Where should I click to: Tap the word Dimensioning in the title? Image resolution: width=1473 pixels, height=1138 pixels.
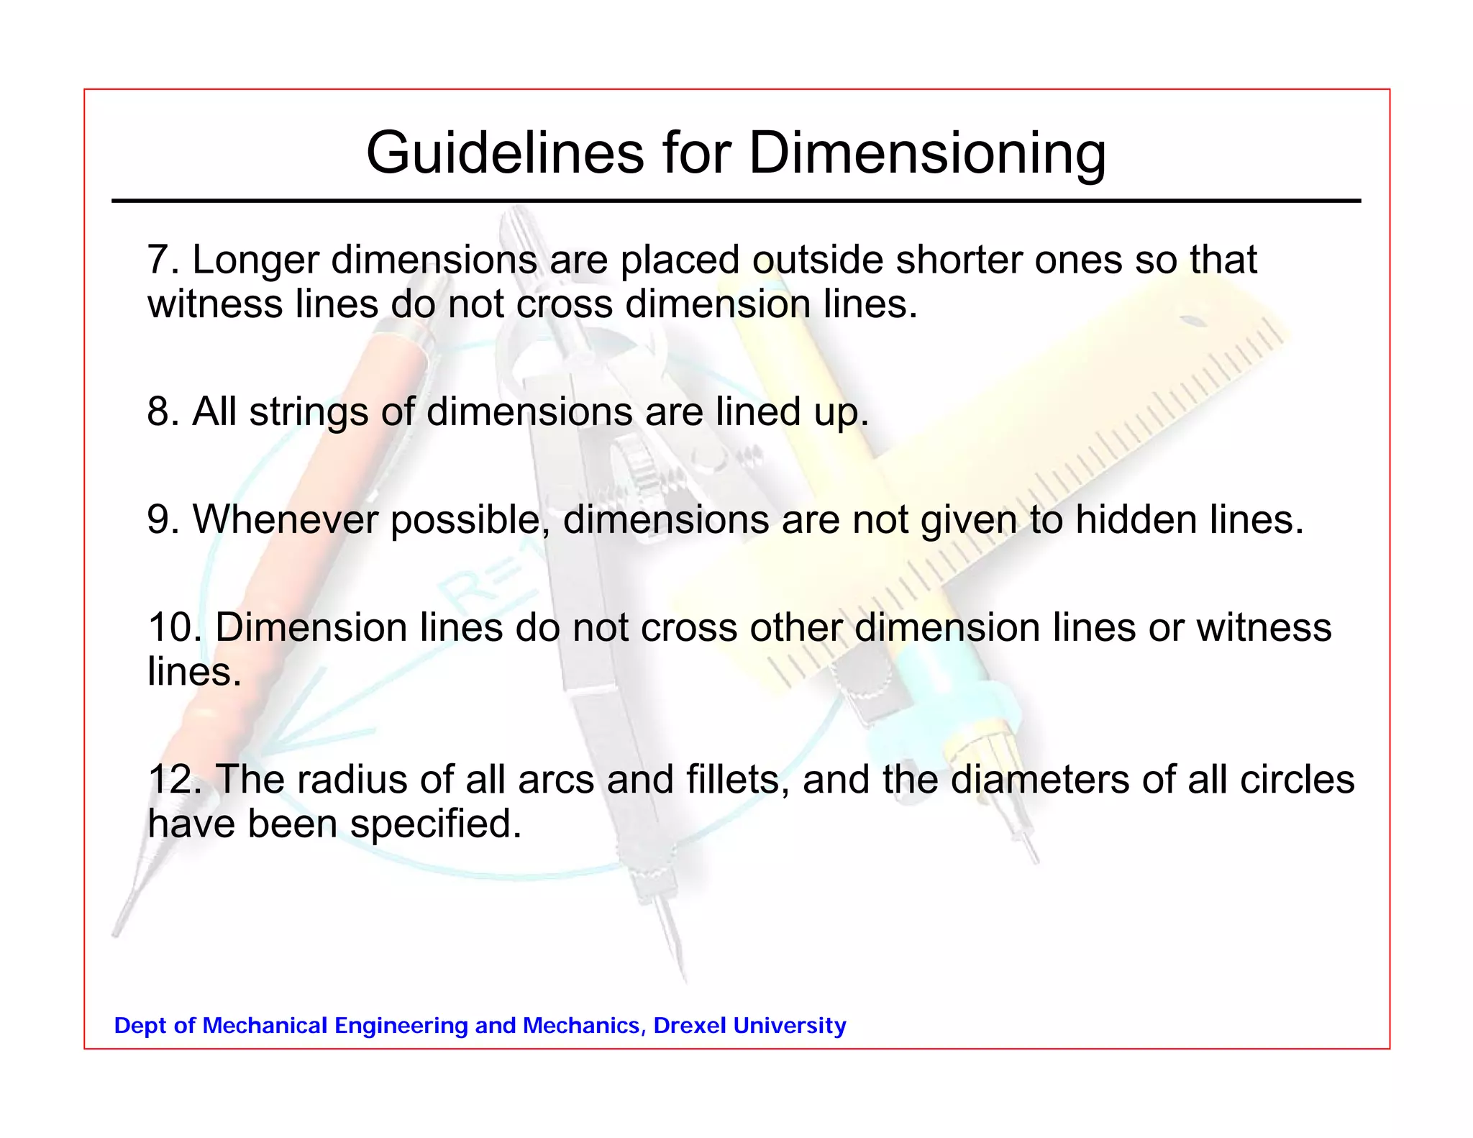[x=927, y=154]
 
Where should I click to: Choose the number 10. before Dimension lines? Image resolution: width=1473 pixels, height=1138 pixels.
[x=173, y=627]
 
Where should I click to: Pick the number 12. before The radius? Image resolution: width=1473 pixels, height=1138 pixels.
[x=173, y=779]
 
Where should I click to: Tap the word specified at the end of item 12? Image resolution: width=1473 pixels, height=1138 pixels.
[x=435, y=824]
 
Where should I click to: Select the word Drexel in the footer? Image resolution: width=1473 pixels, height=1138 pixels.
[x=689, y=1025]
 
